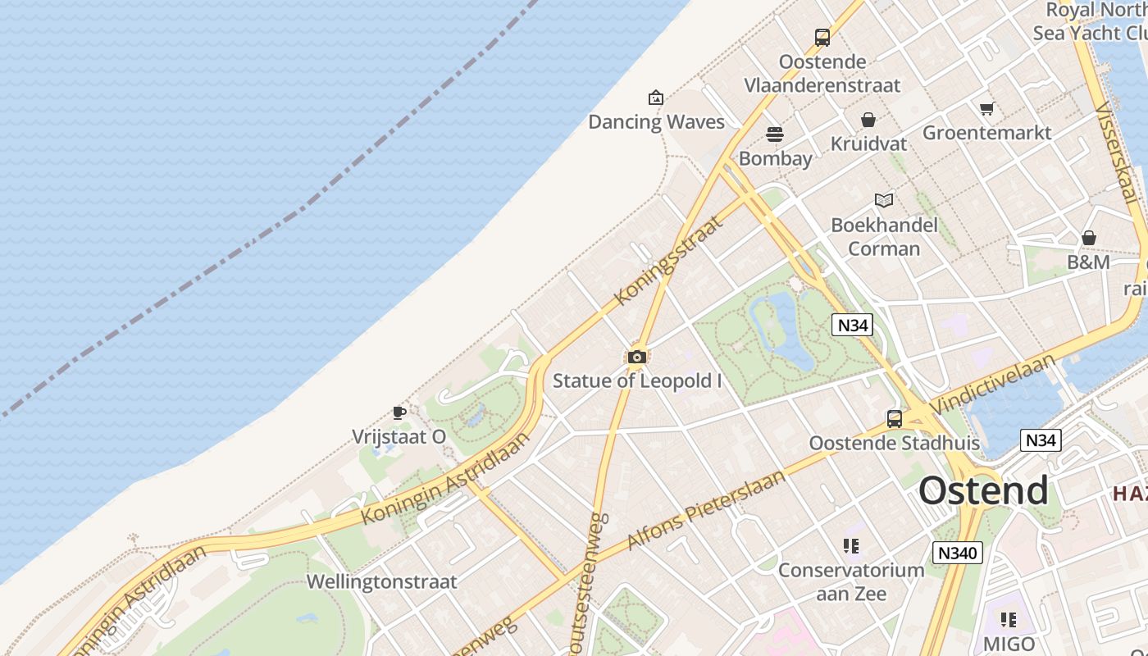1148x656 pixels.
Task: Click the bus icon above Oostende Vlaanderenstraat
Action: (822, 38)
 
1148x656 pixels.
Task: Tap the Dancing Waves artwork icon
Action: (656, 98)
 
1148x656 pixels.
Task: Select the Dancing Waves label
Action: (656, 122)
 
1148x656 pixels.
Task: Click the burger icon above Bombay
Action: (775, 134)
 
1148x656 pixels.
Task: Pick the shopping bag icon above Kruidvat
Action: (868, 121)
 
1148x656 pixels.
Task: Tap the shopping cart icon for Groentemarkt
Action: (987, 108)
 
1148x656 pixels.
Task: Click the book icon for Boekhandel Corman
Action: (884, 200)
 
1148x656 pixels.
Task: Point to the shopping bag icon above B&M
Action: (1089, 239)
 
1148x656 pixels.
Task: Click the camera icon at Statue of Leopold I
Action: (637, 357)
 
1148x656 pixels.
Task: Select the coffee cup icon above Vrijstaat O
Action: (399, 412)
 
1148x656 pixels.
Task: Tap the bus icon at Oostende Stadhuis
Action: (895, 419)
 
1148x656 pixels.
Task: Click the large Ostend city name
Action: (983, 490)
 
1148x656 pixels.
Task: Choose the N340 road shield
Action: (957, 553)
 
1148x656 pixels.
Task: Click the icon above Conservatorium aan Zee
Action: (851, 545)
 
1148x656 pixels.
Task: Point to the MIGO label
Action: (1009, 644)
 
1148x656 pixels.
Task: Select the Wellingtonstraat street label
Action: (381, 582)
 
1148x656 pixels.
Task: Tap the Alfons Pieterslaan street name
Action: (706, 510)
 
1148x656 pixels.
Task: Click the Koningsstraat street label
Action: (668, 260)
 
